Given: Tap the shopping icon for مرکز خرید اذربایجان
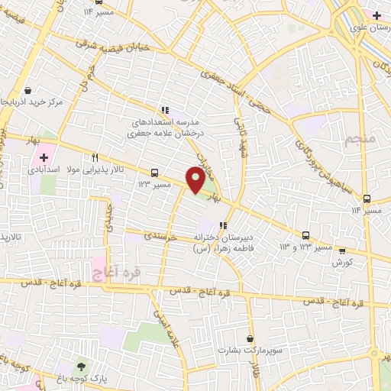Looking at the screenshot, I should click(x=27, y=89).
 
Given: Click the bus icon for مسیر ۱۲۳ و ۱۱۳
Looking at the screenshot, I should click(x=306, y=235).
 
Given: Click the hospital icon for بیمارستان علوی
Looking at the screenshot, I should click(x=376, y=15).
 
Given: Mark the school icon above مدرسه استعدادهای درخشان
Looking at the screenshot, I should click(x=165, y=110).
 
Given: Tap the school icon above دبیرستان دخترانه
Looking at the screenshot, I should click(x=223, y=225).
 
